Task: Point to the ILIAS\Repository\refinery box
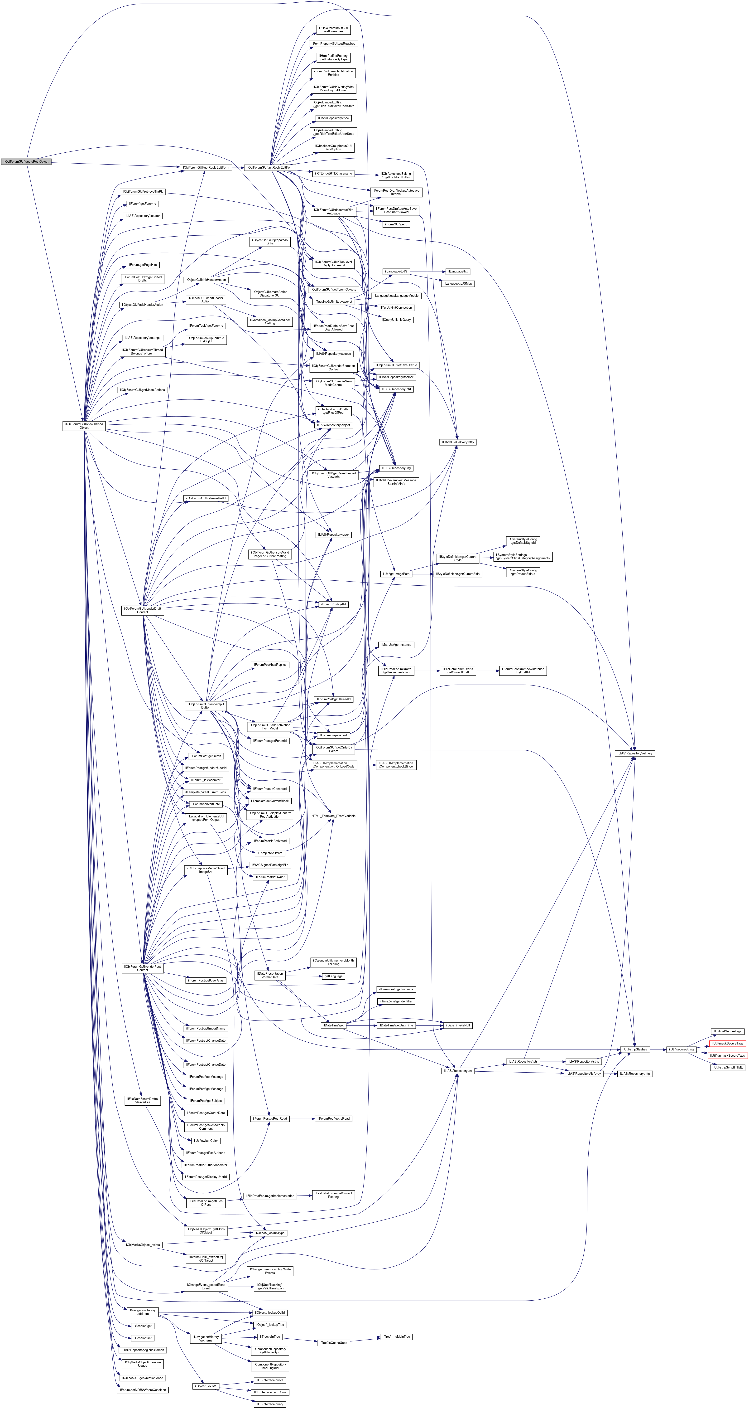tap(635, 753)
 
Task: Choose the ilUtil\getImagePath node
tap(396, 574)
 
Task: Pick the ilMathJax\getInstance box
tap(396, 645)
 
